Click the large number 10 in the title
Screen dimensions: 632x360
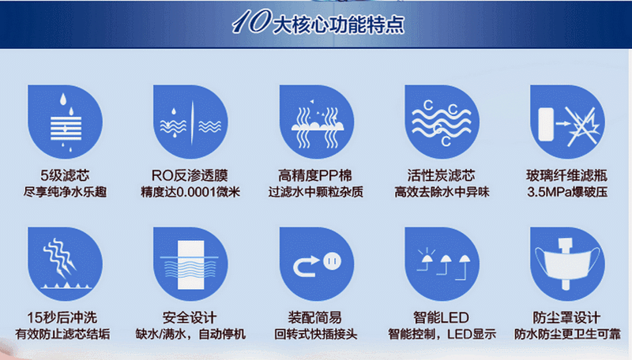(251, 22)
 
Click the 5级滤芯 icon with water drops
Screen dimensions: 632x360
(65, 122)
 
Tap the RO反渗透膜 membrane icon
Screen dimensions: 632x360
(190, 122)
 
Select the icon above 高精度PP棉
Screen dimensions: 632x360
(317, 122)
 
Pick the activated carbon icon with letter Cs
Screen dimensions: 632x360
(442, 122)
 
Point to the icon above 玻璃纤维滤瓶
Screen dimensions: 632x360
(567, 122)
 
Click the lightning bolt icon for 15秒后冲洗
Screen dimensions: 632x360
(65, 264)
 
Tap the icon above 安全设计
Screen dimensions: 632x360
(190, 264)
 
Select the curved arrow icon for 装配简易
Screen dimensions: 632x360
(317, 264)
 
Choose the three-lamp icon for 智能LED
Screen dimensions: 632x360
(442, 264)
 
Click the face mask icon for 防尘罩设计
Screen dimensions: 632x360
(567, 264)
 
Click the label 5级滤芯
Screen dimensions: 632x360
(65, 175)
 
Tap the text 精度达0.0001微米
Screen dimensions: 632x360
(190, 192)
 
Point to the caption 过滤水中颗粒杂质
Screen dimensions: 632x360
(316, 192)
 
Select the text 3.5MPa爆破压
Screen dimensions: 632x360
(567, 192)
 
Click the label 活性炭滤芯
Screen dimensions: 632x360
(442, 175)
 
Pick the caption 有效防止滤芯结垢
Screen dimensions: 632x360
(62, 334)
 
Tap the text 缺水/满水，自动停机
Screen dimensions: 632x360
(190, 334)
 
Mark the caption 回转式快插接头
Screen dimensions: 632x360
(316, 334)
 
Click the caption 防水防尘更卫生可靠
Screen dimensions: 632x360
(567, 334)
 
